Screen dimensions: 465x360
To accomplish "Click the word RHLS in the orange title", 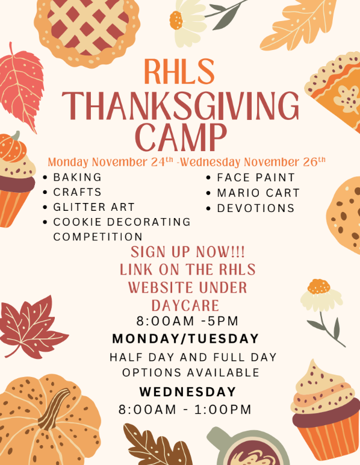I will click(179, 72).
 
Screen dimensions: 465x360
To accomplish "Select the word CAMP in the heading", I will click(181, 137).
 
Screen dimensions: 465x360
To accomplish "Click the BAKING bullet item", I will click(77, 178).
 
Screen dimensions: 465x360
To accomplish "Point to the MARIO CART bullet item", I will click(258, 193).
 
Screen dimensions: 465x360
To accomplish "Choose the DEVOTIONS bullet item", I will click(255, 208).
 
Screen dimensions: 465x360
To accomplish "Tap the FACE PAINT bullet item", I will click(256, 178).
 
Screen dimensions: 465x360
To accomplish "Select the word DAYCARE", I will click(185, 304).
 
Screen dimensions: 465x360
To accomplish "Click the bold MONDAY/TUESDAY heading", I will click(185, 338).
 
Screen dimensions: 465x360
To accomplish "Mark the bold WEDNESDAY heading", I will click(188, 392).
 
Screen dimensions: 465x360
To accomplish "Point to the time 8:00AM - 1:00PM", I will click(185, 410).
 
